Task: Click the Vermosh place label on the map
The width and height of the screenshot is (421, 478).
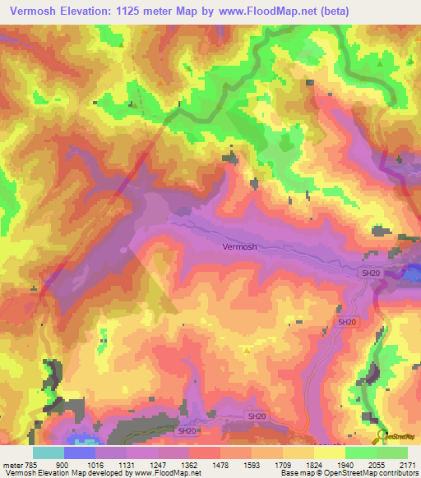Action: click(x=239, y=246)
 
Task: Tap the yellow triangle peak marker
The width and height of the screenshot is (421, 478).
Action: click(x=247, y=350)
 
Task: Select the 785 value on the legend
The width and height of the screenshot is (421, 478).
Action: click(x=32, y=466)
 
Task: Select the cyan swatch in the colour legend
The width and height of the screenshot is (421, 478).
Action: click(x=49, y=453)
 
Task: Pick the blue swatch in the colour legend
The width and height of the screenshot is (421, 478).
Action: click(x=80, y=453)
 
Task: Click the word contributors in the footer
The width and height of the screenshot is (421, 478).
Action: click(x=399, y=474)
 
